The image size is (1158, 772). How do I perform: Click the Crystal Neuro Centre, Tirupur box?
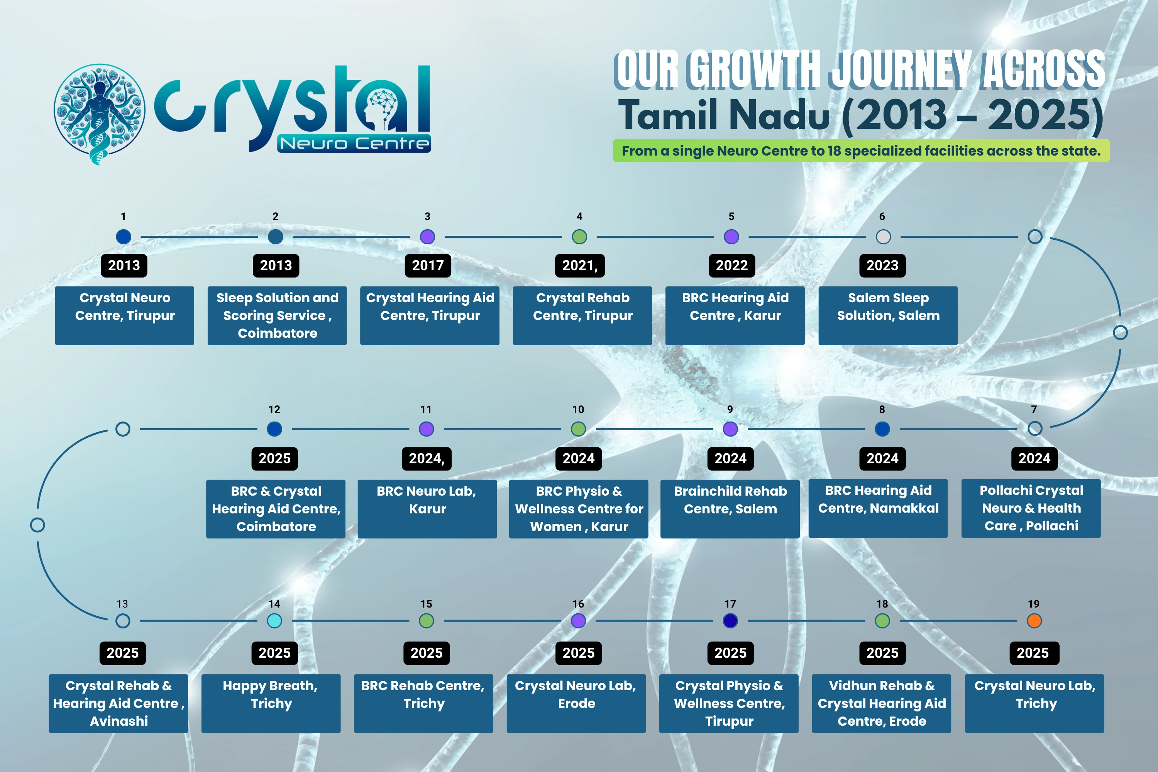pos(125,316)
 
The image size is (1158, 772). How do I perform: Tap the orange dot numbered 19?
pos(1034,621)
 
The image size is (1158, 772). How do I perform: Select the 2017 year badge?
pos(428,266)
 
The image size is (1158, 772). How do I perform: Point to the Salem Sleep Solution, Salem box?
pos(888,316)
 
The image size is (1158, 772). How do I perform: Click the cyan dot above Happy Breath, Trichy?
pos(274,621)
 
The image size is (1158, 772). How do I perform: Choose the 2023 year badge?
pos(882,266)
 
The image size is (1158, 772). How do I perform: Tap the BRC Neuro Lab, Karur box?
pos(427,509)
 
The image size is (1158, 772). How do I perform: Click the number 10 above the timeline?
pos(578,410)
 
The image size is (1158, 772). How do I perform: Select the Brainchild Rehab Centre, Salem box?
pos(730,509)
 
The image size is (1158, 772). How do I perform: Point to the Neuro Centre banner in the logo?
pos(354,143)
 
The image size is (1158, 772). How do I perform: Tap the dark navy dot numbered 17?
pos(730,621)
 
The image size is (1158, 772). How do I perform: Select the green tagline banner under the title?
pos(861,151)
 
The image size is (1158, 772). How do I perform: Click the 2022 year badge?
pos(731,266)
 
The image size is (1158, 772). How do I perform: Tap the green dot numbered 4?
pos(579,237)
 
